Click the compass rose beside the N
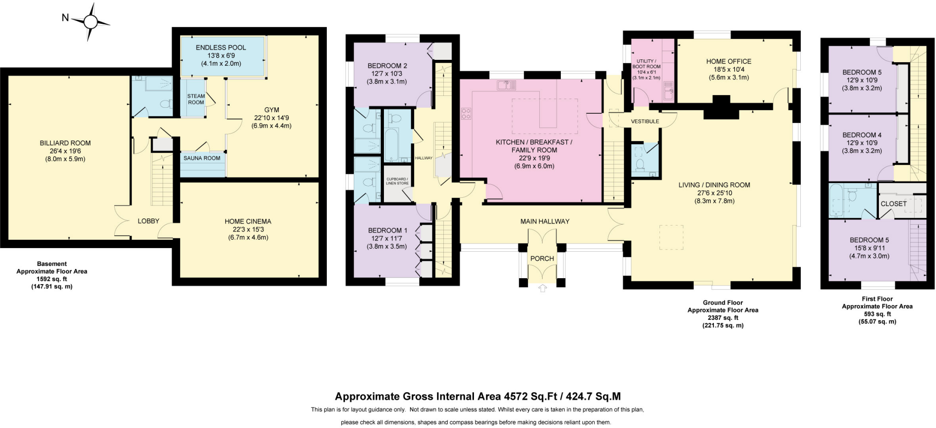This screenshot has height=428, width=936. [90, 21]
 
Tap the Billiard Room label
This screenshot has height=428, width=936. [65, 143]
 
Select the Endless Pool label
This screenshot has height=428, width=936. [221, 48]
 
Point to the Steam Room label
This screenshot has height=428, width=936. [196, 99]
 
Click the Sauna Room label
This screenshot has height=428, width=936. [202, 158]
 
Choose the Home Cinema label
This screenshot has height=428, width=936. [248, 222]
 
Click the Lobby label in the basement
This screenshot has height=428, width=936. [149, 221]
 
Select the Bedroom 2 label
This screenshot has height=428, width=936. [387, 66]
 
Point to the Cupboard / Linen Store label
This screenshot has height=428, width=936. [397, 181]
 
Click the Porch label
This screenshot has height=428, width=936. [542, 259]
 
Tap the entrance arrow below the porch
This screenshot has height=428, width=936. [542, 288]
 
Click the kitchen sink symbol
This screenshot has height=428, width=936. [506, 85]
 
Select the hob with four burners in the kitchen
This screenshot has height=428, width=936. [466, 113]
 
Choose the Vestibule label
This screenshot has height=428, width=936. [645, 122]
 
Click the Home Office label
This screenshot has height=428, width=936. [729, 61]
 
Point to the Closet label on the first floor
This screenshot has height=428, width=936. [893, 204]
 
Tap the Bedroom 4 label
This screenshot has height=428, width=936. [862, 135]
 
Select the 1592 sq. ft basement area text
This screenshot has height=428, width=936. [52, 279]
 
